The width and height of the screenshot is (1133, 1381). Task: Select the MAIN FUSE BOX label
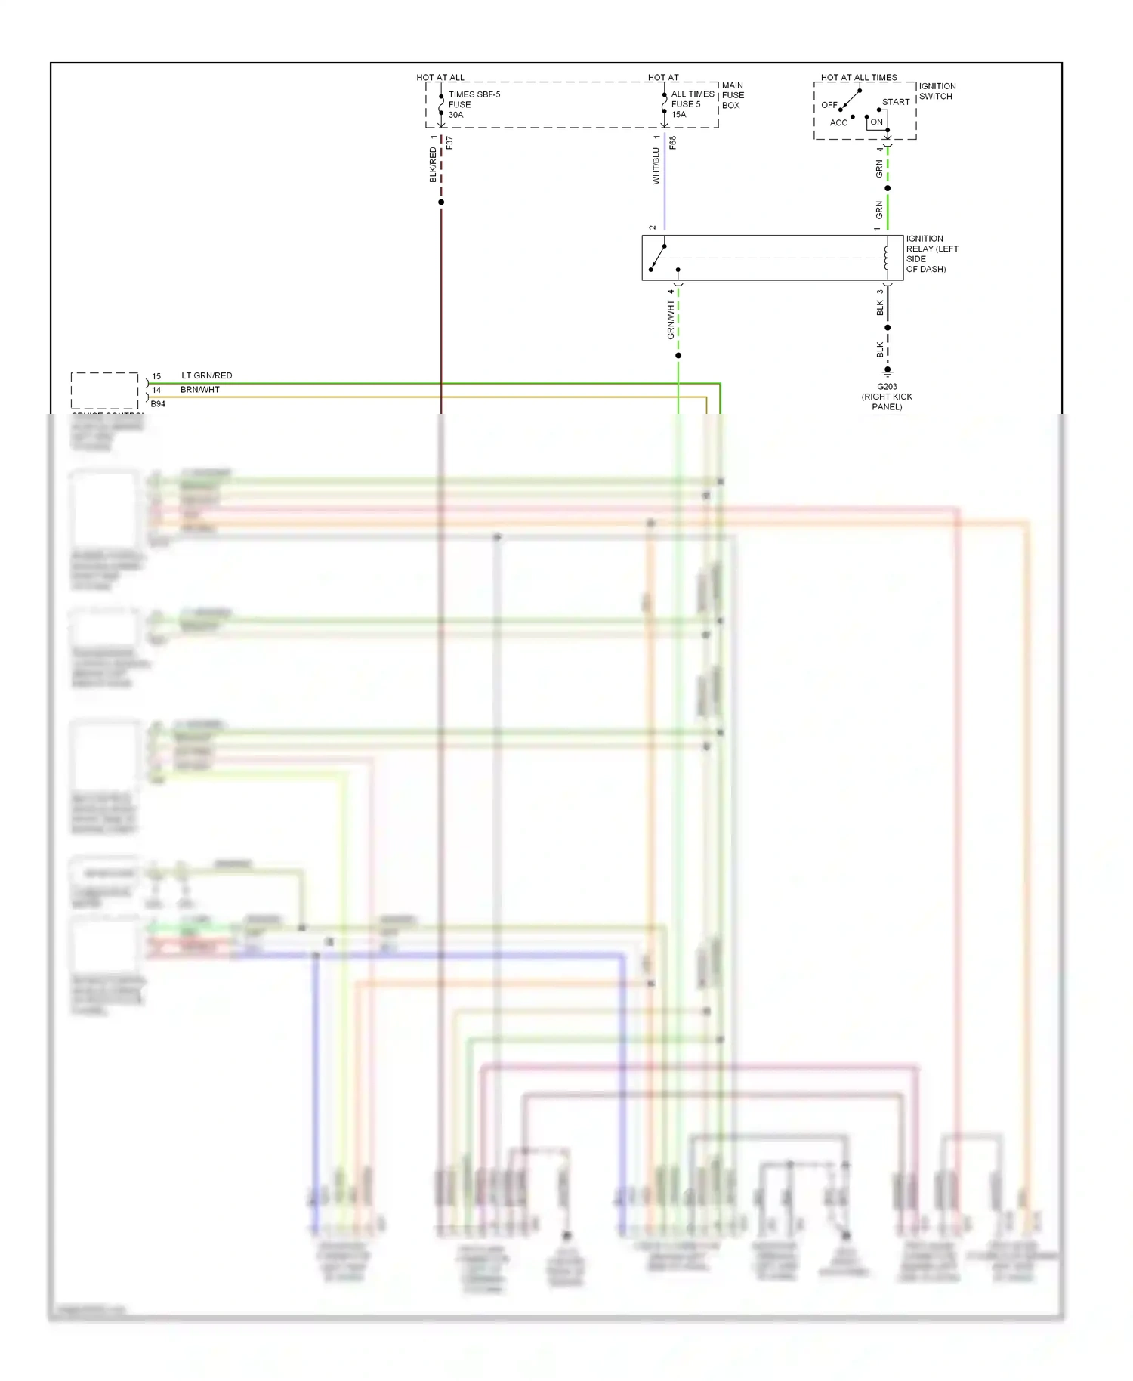[733, 95]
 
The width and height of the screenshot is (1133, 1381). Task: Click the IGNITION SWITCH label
[937, 91]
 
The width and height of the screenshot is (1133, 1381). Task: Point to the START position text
[896, 102]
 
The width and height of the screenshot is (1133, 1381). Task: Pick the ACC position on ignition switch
[838, 123]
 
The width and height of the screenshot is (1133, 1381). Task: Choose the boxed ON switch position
[876, 122]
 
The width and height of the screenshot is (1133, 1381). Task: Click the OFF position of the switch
[829, 105]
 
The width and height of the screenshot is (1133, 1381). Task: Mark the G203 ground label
[887, 387]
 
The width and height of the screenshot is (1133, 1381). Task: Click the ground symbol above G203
[888, 372]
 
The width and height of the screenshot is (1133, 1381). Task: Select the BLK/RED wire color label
[433, 165]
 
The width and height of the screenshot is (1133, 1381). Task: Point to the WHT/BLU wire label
[656, 166]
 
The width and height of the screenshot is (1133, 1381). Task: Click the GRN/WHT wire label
[670, 320]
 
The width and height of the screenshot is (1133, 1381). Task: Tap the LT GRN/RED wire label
[206, 375]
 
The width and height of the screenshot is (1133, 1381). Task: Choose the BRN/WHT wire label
[199, 390]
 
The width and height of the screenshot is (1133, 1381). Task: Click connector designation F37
[450, 142]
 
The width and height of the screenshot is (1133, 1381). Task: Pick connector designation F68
[673, 142]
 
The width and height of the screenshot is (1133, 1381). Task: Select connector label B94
[158, 404]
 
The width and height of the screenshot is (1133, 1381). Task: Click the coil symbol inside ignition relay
[887, 258]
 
